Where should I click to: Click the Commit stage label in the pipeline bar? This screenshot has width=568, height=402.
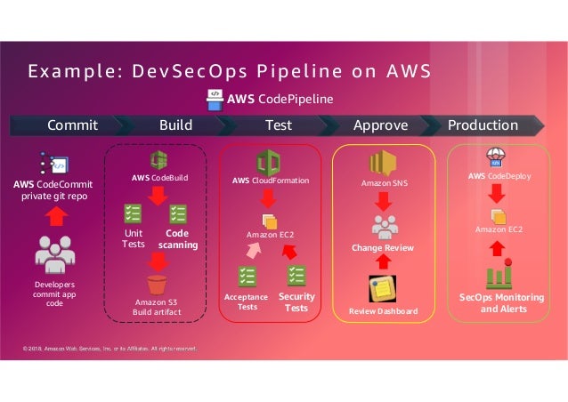click(72, 125)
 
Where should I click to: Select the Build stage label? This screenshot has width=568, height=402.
click(176, 125)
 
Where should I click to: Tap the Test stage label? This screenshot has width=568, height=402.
click(279, 125)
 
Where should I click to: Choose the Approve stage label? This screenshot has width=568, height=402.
click(380, 125)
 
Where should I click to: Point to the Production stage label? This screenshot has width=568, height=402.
click(483, 125)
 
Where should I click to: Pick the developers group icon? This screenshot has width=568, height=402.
click(55, 255)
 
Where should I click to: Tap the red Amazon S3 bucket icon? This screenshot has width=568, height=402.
click(158, 285)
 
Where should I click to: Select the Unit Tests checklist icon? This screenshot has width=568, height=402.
click(133, 214)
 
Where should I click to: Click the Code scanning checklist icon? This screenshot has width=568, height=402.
click(178, 214)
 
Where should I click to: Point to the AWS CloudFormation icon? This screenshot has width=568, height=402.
click(269, 163)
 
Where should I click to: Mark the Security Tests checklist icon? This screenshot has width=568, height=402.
click(296, 276)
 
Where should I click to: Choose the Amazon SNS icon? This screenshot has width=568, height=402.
click(383, 163)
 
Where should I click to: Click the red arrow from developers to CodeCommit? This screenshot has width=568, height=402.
click(55, 215)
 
